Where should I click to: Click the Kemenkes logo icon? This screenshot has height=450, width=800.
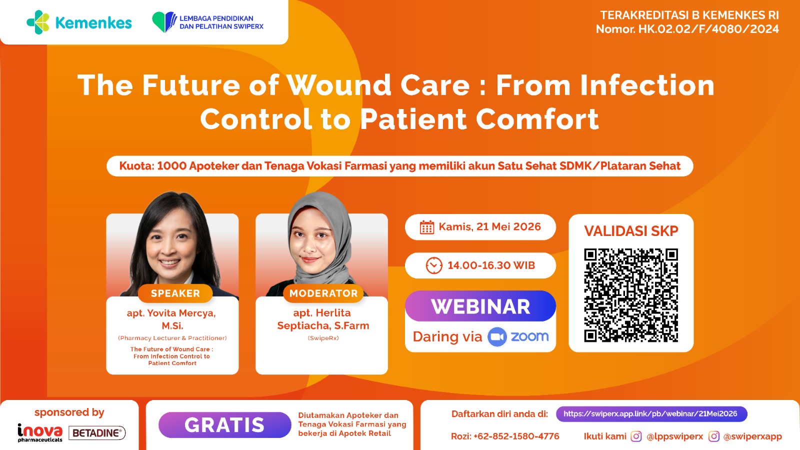(38, 22)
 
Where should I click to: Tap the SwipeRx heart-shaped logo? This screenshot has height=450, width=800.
(164, 22)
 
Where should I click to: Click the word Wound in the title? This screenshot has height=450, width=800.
(339, 85)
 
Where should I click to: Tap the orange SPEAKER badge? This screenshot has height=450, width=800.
(175, 293)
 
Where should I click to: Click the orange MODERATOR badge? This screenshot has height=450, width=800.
(323, 293)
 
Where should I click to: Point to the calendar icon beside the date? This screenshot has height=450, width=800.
(427, 227)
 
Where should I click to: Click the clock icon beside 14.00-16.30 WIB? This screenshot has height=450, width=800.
(434, 265)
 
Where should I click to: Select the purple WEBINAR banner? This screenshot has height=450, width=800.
(480, 306)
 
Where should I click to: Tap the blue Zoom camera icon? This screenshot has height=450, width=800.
(497, 337)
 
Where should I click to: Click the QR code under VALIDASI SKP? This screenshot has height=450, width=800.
(631, 295)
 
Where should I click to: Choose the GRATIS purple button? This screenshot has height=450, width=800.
(224, 425)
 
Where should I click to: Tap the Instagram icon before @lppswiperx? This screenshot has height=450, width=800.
(635, 436)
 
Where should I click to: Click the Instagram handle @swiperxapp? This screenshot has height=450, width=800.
(752, 436)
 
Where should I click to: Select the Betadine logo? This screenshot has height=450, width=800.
(97, 433)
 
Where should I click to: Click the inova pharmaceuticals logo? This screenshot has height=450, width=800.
(40, 432)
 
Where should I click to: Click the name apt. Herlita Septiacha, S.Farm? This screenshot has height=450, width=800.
(323, 319)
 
